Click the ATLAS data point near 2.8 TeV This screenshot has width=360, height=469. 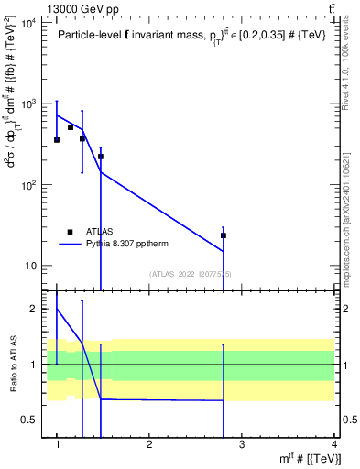(x=223, y=235)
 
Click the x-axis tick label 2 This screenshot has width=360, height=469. (x=149, y=445)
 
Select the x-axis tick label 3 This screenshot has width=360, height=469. (x=242, y=445)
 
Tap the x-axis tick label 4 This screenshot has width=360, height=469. (x=333, y=445)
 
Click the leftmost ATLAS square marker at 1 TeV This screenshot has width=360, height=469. (x=57, y=140)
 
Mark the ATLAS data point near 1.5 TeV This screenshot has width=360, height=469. (x=101, y=157)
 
